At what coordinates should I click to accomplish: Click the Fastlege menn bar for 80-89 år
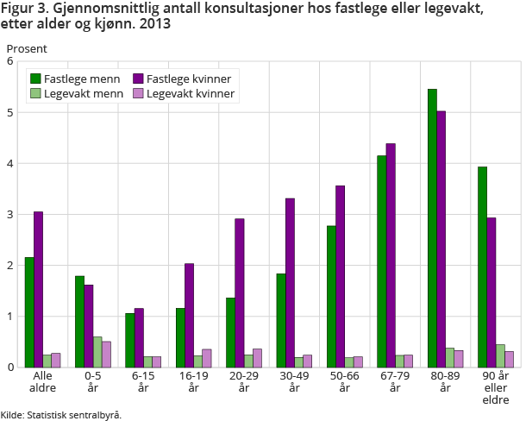432,228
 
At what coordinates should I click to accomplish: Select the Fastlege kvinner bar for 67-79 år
391,255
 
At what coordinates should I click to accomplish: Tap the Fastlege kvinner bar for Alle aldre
38,289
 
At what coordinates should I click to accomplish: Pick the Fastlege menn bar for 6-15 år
129,340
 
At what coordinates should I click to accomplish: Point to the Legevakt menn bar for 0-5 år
97,352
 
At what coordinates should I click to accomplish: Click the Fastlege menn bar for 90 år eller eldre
483,267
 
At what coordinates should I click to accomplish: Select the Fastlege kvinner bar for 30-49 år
290,283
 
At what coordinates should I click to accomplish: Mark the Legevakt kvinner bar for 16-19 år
207,358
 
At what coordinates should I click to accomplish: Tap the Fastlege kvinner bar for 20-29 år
239,292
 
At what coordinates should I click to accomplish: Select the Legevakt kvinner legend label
191,93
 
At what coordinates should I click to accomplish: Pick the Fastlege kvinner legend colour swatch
138,79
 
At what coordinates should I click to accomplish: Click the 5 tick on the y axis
9,113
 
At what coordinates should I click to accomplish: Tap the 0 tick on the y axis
9,368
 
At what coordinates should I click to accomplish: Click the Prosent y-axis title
27,48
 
